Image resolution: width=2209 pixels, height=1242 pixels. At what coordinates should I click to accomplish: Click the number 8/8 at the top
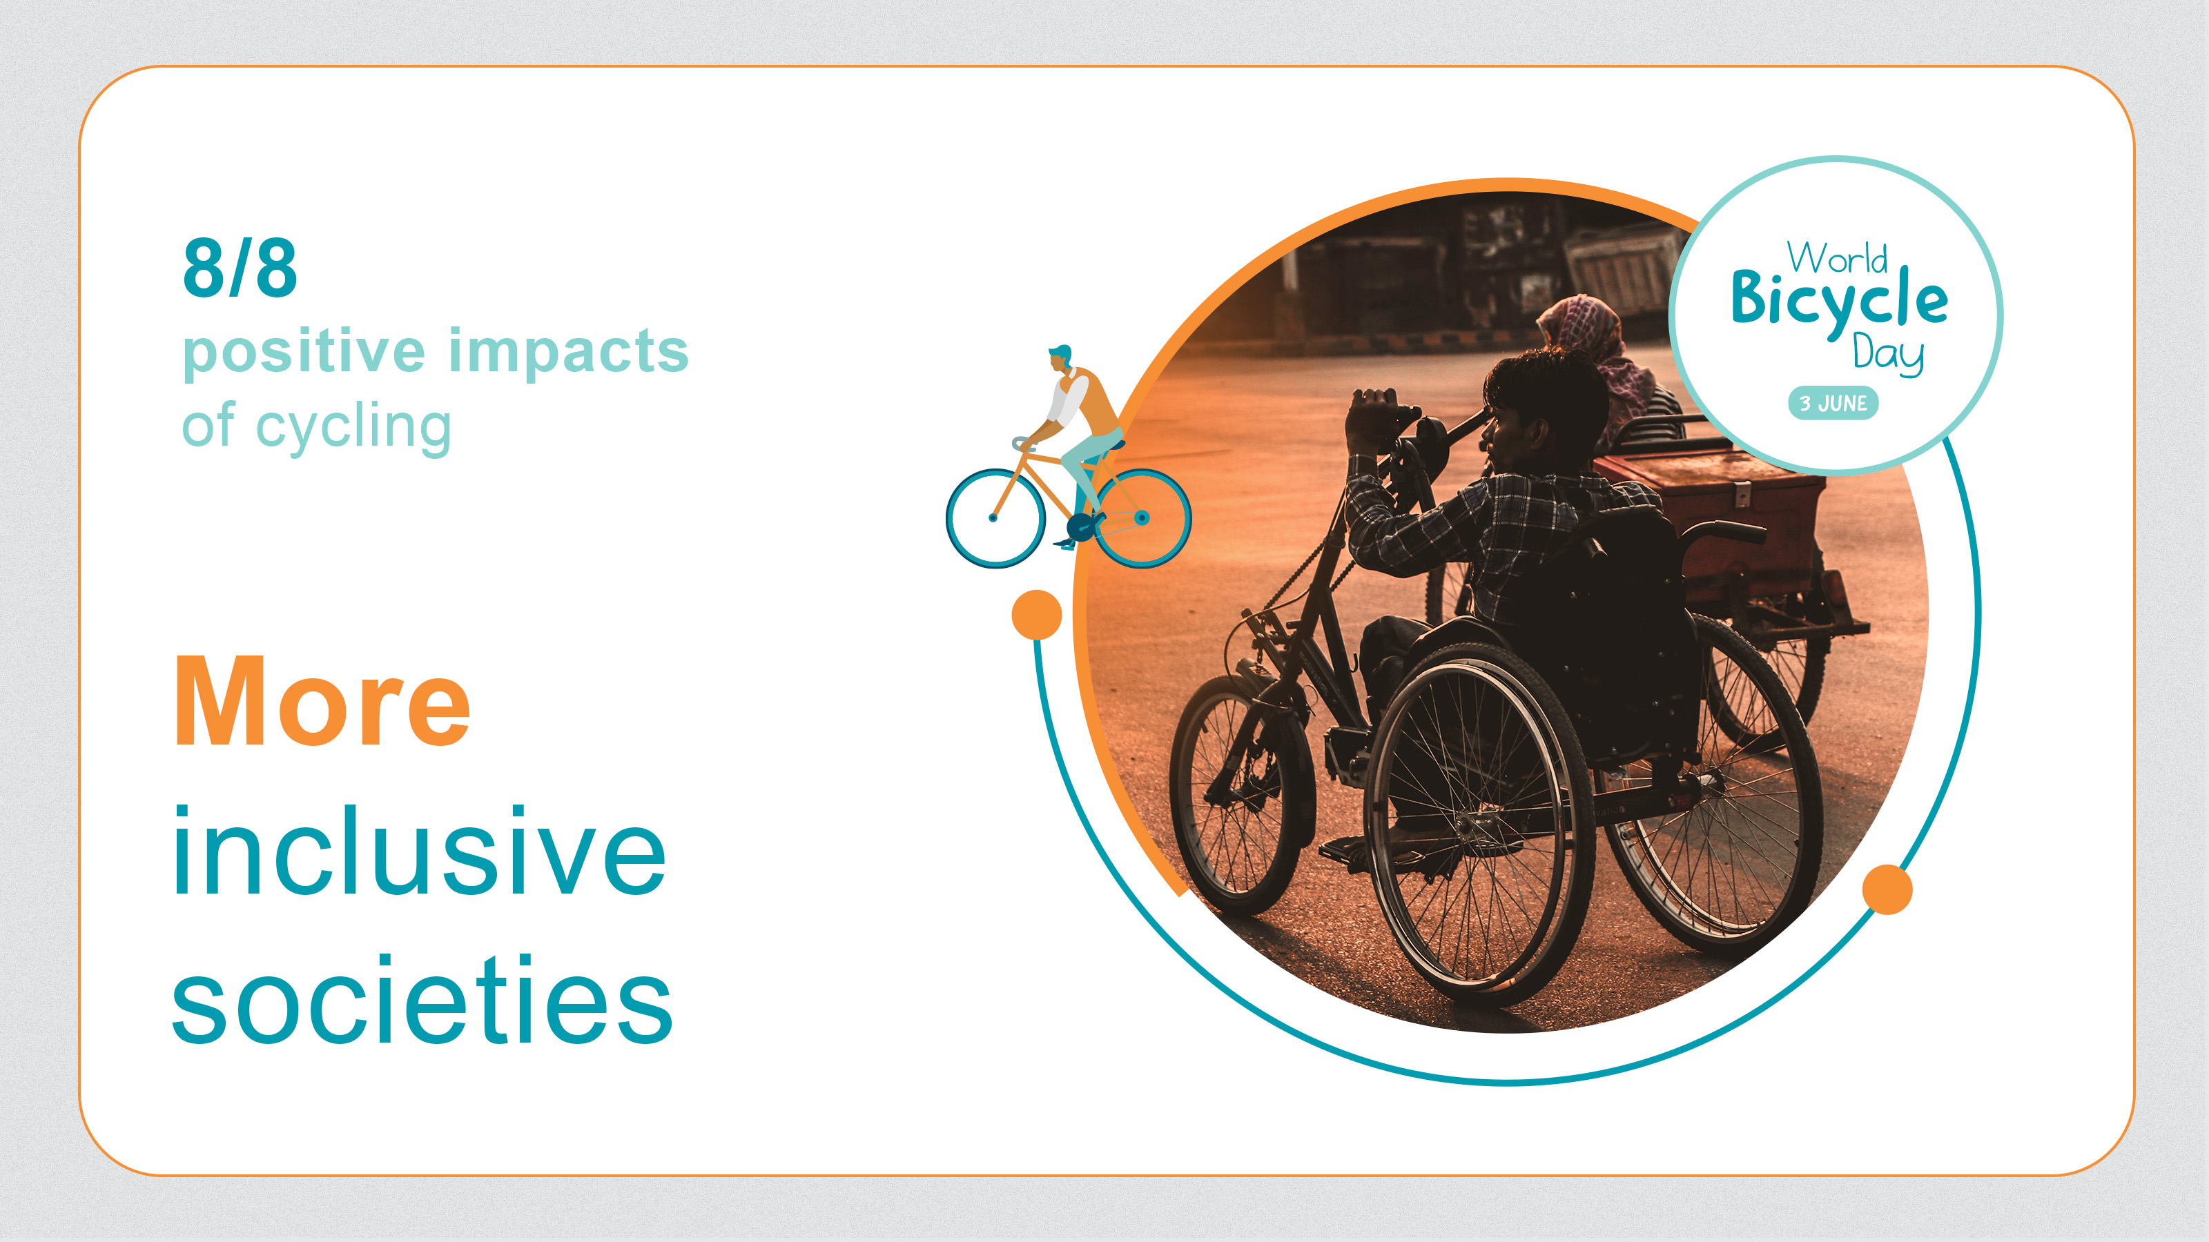tap(240, 268)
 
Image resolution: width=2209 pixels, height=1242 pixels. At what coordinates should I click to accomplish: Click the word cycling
tap(353, 427)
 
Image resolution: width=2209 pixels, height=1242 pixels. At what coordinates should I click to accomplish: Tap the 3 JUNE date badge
tap(1833, 403)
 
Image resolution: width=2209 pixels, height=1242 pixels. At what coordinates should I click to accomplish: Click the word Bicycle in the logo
tap(1840, 300)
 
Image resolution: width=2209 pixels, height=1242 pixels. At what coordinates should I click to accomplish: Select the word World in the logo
tap(1837, 257)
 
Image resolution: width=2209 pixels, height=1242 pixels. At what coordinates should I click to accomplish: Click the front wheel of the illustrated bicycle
tap(995, 517)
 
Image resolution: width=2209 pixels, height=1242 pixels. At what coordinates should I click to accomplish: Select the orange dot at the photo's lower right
tap(1887, 889)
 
